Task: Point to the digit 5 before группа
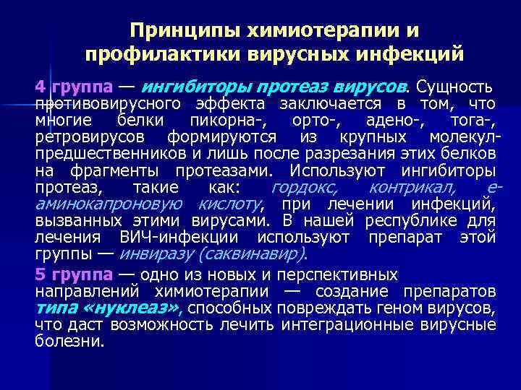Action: [x=41, y=274]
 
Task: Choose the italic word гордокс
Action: [x=303, y=188]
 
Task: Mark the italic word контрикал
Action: [x=411, y=188]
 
